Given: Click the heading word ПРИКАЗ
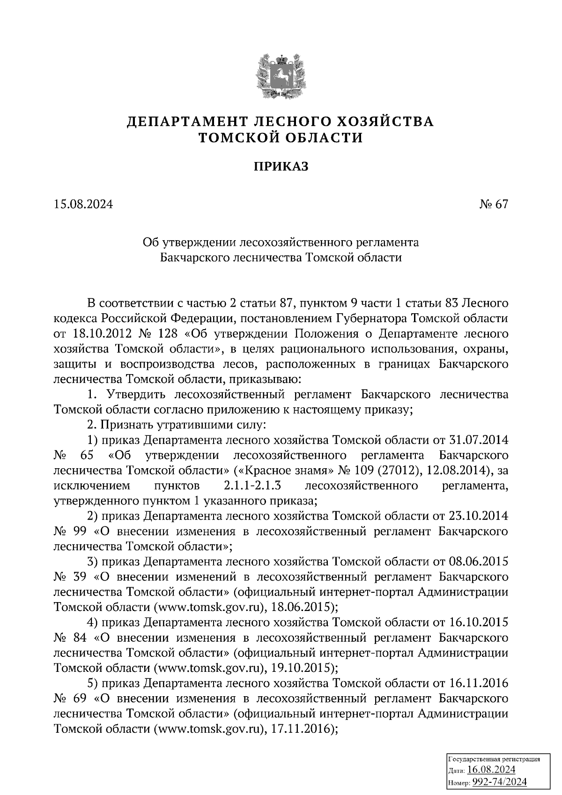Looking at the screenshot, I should (x=281, y=166).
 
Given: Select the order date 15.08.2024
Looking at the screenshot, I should (x=83, y=205).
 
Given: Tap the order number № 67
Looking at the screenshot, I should (x=493, y=205).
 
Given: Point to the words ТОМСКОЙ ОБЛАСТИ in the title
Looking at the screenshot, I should (x=281, y=138).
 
